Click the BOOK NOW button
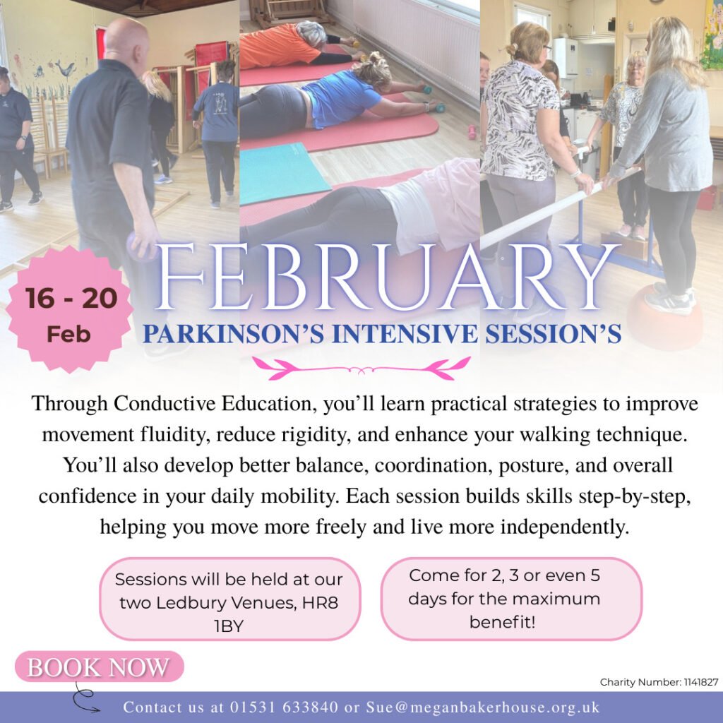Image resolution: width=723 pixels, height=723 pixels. click(x=99, y=667)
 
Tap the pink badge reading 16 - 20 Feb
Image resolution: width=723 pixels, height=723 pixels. click(x=70, y=309)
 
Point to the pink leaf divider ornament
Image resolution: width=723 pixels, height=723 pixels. click(x=361, y=368)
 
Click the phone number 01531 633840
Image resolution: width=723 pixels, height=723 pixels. click(x=284, y=707)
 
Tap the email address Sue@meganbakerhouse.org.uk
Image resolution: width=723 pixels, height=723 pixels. click(x=483, y=707)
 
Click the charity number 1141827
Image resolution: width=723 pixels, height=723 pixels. click(x=701, y=682)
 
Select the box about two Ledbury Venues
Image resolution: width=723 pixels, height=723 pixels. click(x=229, y=599)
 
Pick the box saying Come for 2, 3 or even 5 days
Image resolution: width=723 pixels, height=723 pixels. click(x=511, y=599)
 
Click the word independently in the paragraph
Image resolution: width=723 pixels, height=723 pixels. click(x=565, y=527)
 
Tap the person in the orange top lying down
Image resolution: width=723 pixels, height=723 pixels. click(x=295, y=45)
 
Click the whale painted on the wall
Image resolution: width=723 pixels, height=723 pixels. click(x=65, y=68)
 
